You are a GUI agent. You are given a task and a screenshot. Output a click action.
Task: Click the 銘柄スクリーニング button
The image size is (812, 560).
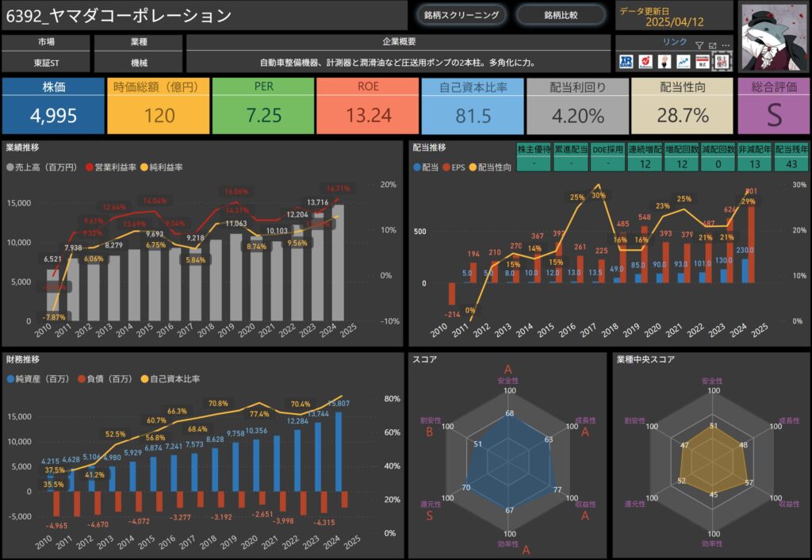pos(462,14)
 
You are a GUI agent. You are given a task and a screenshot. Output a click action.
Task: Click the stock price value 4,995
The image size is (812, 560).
pos(53,116)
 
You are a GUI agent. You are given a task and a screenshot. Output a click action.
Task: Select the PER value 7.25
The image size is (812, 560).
pos(263,116)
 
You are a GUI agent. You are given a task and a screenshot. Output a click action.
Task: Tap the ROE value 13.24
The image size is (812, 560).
pos(368,116)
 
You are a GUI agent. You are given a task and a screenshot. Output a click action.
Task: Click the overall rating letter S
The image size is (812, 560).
pos(774,116)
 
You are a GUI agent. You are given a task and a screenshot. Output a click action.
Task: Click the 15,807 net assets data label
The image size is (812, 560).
pos(349,405)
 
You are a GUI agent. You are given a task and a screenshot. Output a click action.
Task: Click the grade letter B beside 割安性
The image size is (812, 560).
pos(428,432)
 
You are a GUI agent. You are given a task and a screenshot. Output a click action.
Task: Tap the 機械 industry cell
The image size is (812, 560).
pos(139,62)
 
